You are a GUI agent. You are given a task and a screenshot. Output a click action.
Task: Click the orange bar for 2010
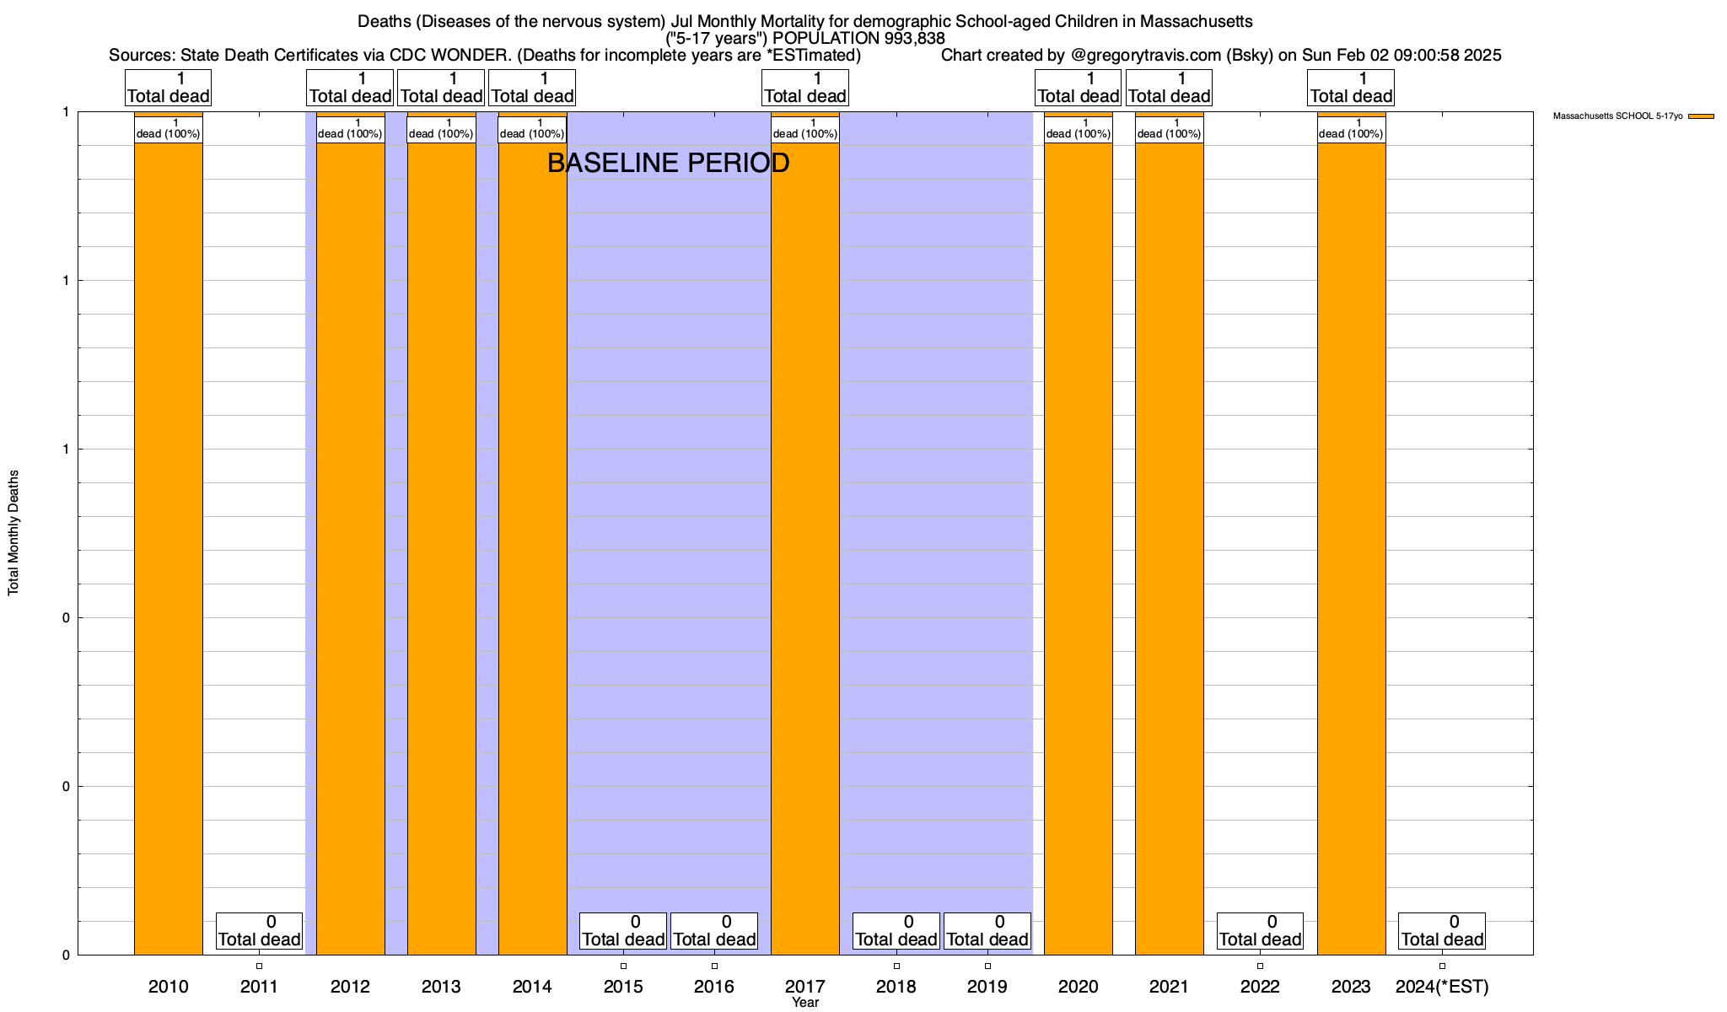[169, 548]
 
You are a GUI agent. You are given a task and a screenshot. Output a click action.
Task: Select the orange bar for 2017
[805, 548]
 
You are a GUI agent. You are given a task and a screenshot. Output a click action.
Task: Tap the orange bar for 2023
[1351, 548]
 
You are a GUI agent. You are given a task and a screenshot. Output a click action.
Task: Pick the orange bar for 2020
[1079, 548]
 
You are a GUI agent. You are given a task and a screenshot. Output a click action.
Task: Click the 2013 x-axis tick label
[441, 987]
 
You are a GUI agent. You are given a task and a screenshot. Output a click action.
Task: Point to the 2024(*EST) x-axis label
[1442, 987]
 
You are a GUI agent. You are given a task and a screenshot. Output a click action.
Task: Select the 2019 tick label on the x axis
[987, 987]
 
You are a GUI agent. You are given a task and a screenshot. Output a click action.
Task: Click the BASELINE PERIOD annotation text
[668, 163]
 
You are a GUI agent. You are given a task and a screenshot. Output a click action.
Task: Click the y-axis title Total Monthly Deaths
[13, 533]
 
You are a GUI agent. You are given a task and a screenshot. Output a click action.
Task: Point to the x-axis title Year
[805, 1003]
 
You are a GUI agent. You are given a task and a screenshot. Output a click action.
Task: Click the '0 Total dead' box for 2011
[259, 931]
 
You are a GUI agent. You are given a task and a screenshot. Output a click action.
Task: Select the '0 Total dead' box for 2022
[1260, 931]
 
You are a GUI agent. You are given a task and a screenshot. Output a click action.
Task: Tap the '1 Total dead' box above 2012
[350, 88]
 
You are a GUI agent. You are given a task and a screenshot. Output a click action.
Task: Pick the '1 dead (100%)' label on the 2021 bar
[1169, 129]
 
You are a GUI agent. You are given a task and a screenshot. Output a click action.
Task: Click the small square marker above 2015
[623, 966]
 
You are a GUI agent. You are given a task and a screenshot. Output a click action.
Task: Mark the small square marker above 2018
[896, 966]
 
